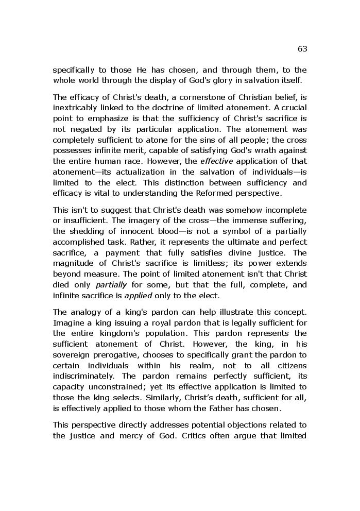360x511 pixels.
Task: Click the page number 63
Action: tap(302, 49)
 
